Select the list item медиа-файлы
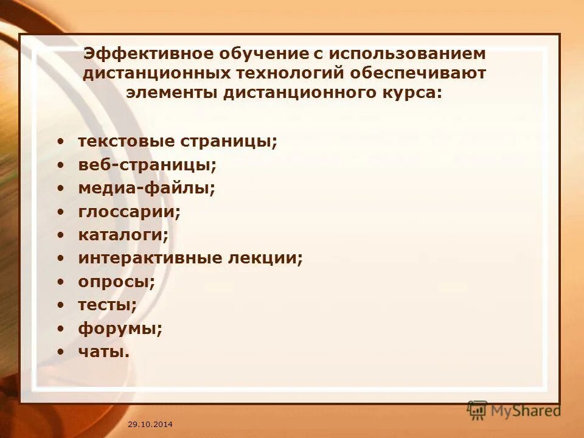point(147,188)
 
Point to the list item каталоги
point(123,234)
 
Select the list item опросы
point(116,282)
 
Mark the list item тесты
point(107,305)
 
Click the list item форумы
point(120,328)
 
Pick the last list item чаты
point(103,352)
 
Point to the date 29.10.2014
point(150,423)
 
